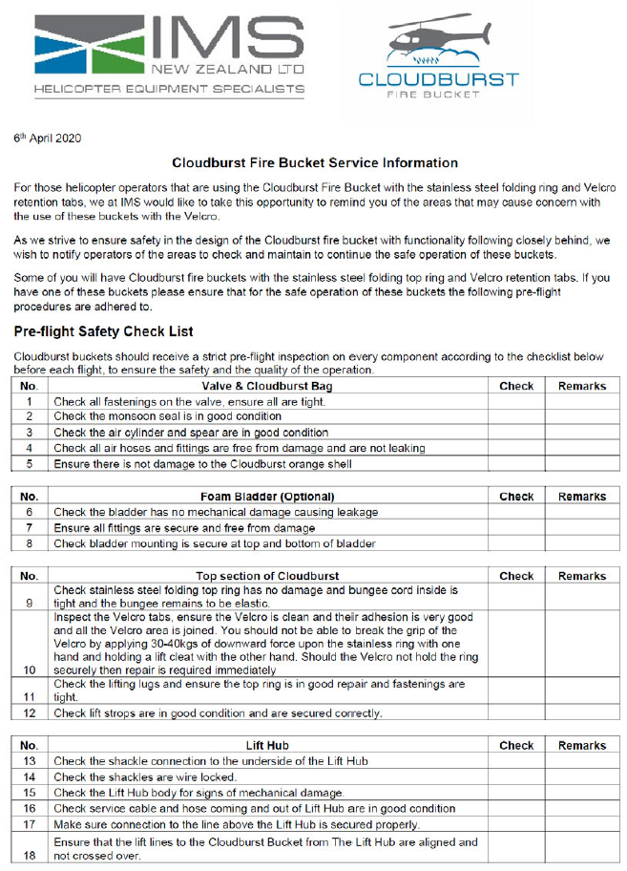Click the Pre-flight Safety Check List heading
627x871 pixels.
click(104, 331)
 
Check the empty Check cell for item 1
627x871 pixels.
click(515, 402)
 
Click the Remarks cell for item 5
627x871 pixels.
click(581, 464)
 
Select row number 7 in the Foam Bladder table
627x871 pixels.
click(30, 528)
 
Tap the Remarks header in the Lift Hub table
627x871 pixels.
click(581, 745)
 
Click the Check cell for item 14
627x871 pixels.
click(515, 777)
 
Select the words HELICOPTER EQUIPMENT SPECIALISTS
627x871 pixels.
click(169, 89)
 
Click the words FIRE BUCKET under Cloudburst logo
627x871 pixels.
click(438, 96)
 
